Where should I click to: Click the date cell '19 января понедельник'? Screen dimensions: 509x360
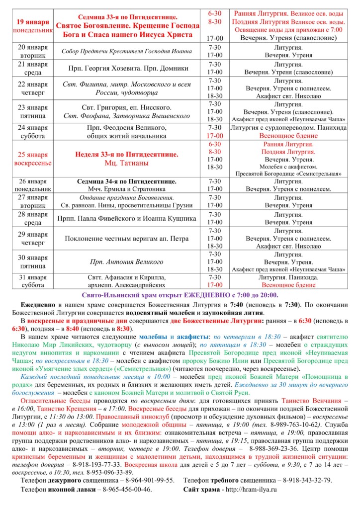[x=33, y=26]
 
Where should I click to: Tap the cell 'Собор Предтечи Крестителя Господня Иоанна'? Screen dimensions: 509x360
[x=126, y=51]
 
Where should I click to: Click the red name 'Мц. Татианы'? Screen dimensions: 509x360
[x=126, y=163]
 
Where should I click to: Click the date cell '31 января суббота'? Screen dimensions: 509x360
[x=33, y=281]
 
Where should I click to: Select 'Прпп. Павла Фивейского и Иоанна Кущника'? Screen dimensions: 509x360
[x=126, y=218]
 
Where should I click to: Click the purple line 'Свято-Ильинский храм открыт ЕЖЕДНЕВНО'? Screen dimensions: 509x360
[x=180, y=295]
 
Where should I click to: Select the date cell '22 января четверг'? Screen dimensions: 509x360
[x=33, y=88]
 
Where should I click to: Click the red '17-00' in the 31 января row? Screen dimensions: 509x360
[x=215, y=285]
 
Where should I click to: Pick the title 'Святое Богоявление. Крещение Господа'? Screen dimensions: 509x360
[x=126, y=26]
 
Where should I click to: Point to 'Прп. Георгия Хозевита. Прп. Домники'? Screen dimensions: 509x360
[x=126, y=69]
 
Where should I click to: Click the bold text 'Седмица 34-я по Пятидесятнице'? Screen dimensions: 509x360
[x=126, y=181]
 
